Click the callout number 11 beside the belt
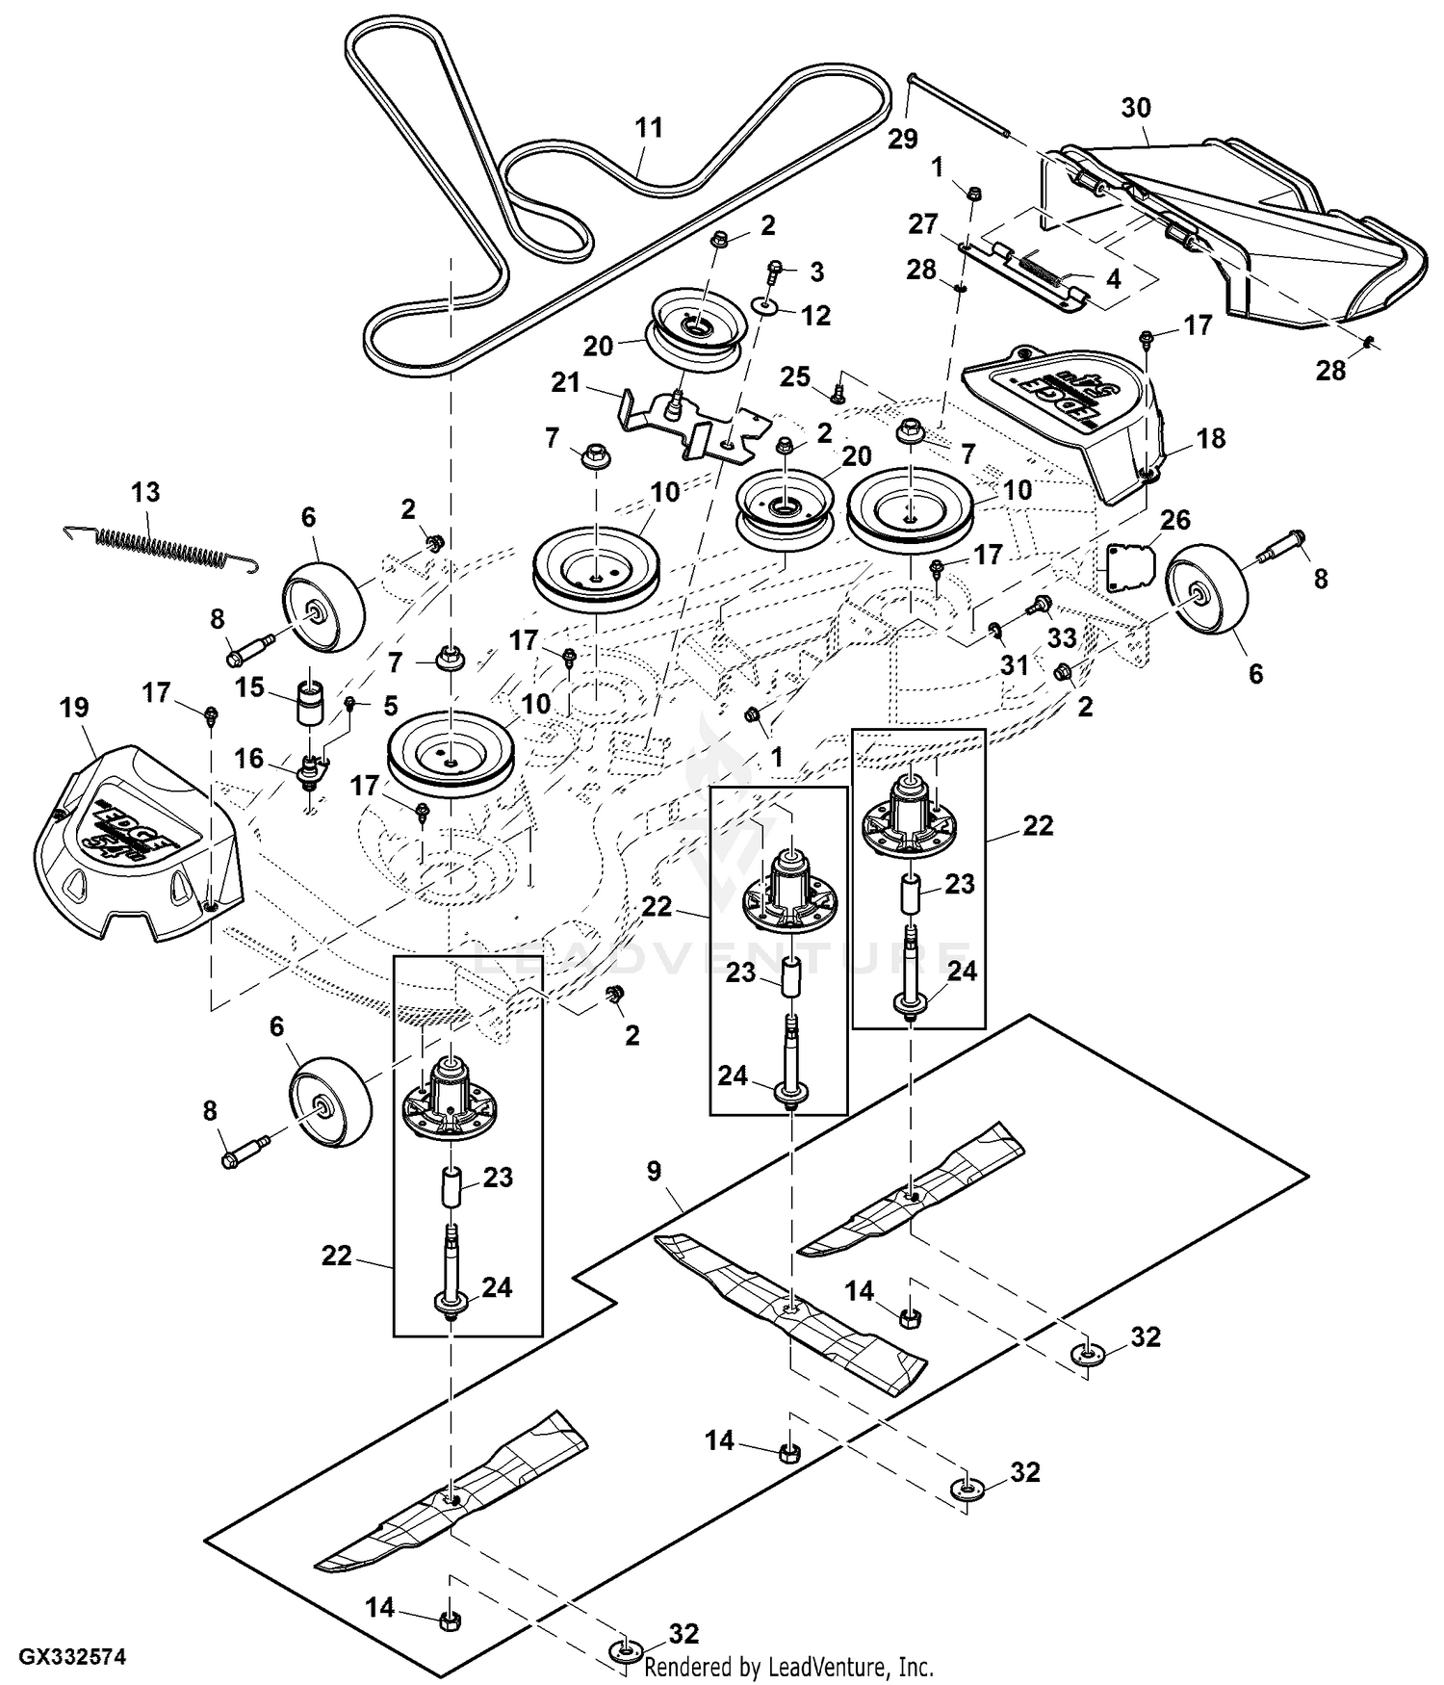(649, 128)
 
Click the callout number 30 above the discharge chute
(1136, 108)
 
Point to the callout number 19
(73, 708)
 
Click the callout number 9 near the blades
(654, 1172)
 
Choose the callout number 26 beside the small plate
(1175, 520)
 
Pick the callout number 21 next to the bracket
(566, 383)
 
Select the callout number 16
(248, 759)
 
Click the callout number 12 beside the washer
(815, 315)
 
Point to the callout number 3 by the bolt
(816, 272)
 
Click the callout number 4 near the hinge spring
(1113, 280)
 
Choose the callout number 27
(922, 224)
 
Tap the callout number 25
(794, 377)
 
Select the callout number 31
(1015, 665)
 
